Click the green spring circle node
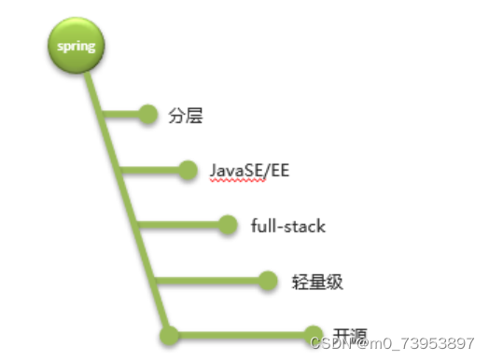[76, 46]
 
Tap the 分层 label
[186, 116]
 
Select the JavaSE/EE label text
[250, 171]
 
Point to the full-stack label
[287, 226]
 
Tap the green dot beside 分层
[147, 115]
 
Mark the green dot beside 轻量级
[269, 279]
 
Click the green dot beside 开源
[314, 334]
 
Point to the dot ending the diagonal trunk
[169, 334]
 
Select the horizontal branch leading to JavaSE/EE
[154, 170]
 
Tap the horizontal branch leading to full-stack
[182, 225]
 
